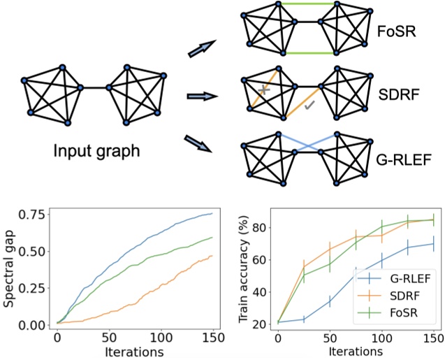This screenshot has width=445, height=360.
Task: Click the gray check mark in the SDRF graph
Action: [x=310, y=103]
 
